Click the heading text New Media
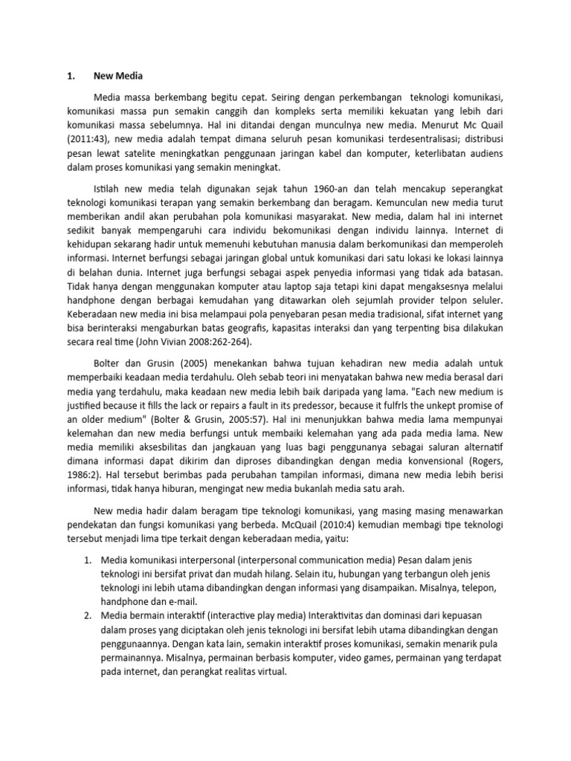[x=117, y=76]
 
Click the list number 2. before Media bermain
[x=86, y=616]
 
